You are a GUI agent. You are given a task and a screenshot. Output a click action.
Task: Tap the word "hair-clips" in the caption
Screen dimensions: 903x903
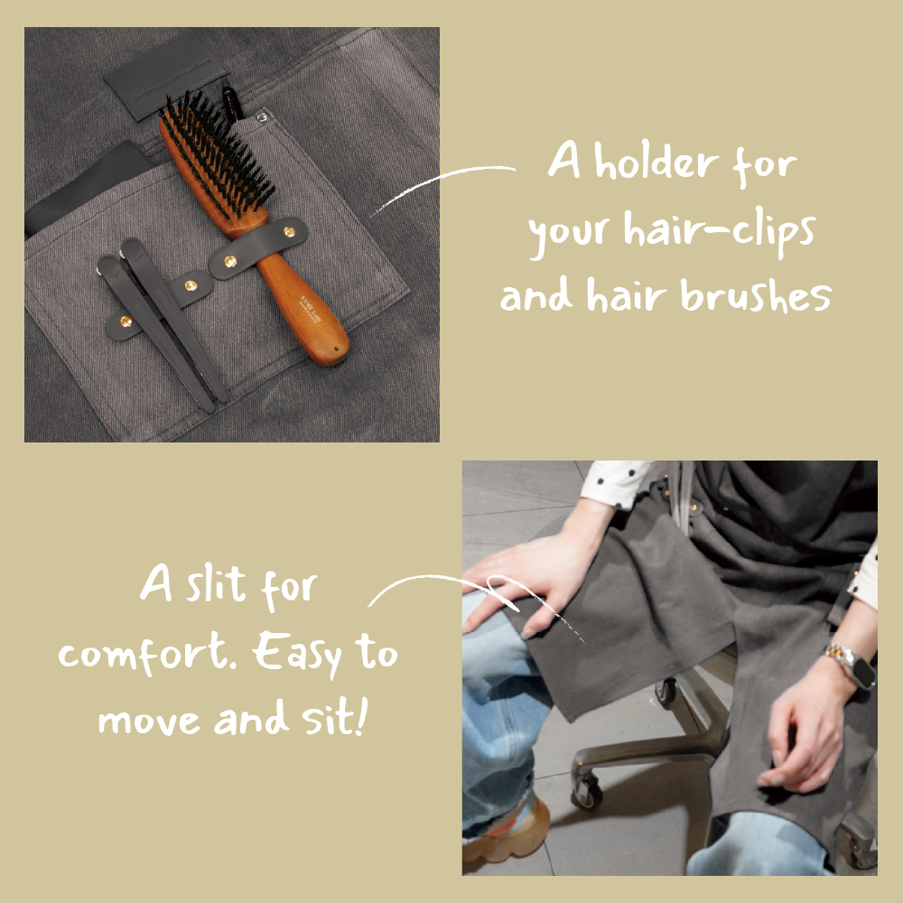tap(720, 231)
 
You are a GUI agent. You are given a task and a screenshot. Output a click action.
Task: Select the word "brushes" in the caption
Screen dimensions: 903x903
tap(756, 295)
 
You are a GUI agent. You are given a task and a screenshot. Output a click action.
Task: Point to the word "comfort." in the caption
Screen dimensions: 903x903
tap(147, 654)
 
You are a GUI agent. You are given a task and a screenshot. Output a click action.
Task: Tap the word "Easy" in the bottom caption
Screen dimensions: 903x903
tap(297, 654)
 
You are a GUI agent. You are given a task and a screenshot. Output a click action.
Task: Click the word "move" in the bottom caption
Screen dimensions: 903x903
tap(149, 721)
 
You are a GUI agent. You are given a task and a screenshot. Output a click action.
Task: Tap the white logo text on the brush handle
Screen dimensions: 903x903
tap(311, 309)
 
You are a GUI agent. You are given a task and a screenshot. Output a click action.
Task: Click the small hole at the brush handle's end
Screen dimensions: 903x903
tap(336, 349)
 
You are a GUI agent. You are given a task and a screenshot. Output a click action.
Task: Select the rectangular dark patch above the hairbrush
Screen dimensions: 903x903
tap(165, 76)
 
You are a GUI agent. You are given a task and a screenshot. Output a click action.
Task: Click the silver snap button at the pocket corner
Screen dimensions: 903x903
tap(262, 117)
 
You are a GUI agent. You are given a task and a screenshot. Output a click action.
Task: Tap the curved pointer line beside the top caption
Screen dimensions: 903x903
tap(442, 187)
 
